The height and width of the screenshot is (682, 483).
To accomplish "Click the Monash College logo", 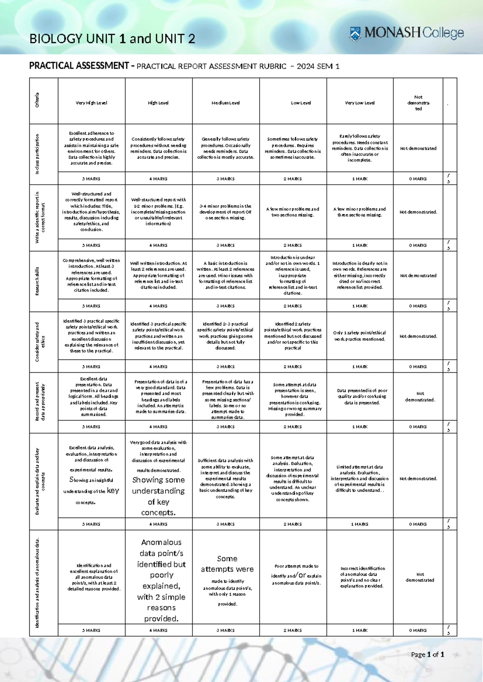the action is tap(407, 33).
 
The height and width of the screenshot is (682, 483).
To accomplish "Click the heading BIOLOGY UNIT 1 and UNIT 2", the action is tap(112, 39).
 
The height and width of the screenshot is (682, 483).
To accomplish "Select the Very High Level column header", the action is tap(91, 103).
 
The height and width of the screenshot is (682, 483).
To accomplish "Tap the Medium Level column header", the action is tap(225, 103).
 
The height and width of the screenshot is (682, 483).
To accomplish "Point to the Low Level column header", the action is tap(301, 103).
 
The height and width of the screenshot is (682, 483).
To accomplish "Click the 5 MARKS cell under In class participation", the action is tap(91, 179).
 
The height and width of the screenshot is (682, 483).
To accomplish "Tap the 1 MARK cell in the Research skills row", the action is tap(360, 306).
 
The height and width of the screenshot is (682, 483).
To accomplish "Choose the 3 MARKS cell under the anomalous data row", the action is tap(225, 630).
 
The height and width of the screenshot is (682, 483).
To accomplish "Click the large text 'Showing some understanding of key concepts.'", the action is tap(159, 496).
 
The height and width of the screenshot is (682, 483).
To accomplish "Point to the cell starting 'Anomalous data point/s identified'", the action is tap(161, 580).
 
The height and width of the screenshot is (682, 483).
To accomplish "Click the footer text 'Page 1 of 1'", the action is tap(427, 654).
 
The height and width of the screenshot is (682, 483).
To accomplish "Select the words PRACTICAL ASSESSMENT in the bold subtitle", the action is tap(79, 66).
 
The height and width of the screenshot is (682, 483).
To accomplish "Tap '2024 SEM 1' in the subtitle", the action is tap(318, 66).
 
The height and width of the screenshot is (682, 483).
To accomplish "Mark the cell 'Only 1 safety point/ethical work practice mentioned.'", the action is tap(360, 336).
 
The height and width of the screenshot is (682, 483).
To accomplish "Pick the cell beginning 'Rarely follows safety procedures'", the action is tap(360, 148).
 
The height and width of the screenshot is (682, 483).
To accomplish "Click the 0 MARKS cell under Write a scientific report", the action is tap(418, 245).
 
